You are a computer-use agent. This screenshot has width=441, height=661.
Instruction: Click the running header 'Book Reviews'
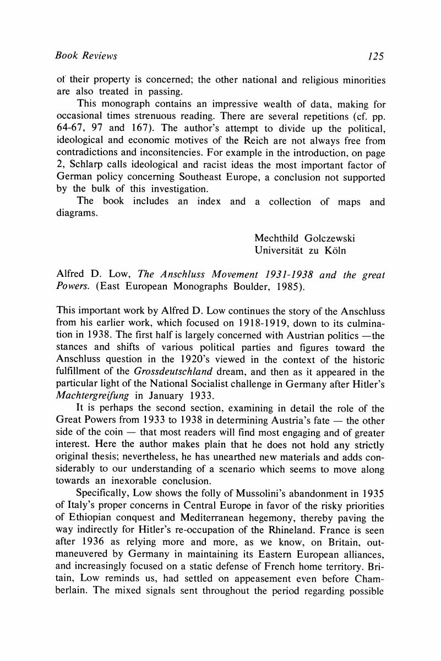(87, 56)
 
